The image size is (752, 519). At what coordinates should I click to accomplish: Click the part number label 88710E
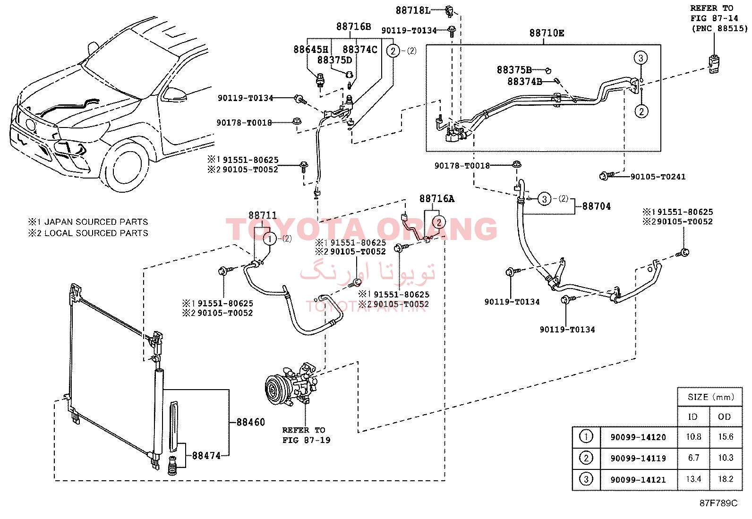tap(547, 33)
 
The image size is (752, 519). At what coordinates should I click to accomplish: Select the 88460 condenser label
tap(250, 422)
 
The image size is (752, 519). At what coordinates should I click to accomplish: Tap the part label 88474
tap(206, 456)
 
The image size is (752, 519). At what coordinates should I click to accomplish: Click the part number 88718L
tap(412, 10)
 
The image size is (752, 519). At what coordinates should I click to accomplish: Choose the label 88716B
tap(353, 26)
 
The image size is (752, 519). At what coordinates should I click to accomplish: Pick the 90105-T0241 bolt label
tap(658, 177)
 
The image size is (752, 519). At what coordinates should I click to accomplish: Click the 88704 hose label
tap(596, 206)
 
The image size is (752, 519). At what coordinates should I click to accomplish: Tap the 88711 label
tap(263, 215)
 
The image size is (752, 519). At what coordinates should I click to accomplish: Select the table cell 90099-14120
tap(638, 437)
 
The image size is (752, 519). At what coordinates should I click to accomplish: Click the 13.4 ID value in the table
tap(693, 479)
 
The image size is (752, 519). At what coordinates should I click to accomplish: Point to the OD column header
tap(724, 417)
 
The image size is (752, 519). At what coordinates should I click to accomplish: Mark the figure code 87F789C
tap(718, 503)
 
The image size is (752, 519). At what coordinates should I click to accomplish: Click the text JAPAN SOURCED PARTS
tap(96, 222)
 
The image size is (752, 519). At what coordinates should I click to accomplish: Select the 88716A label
tap(437, 199)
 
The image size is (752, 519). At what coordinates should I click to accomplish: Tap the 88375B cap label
tap(514, 70)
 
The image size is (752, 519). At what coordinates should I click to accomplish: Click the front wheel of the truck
tap(125, 165)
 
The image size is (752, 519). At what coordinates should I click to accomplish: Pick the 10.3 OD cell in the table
tap(726, 458)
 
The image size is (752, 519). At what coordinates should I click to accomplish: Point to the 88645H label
tap(311, 49)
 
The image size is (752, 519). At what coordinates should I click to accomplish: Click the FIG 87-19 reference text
tap(306, 440)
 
